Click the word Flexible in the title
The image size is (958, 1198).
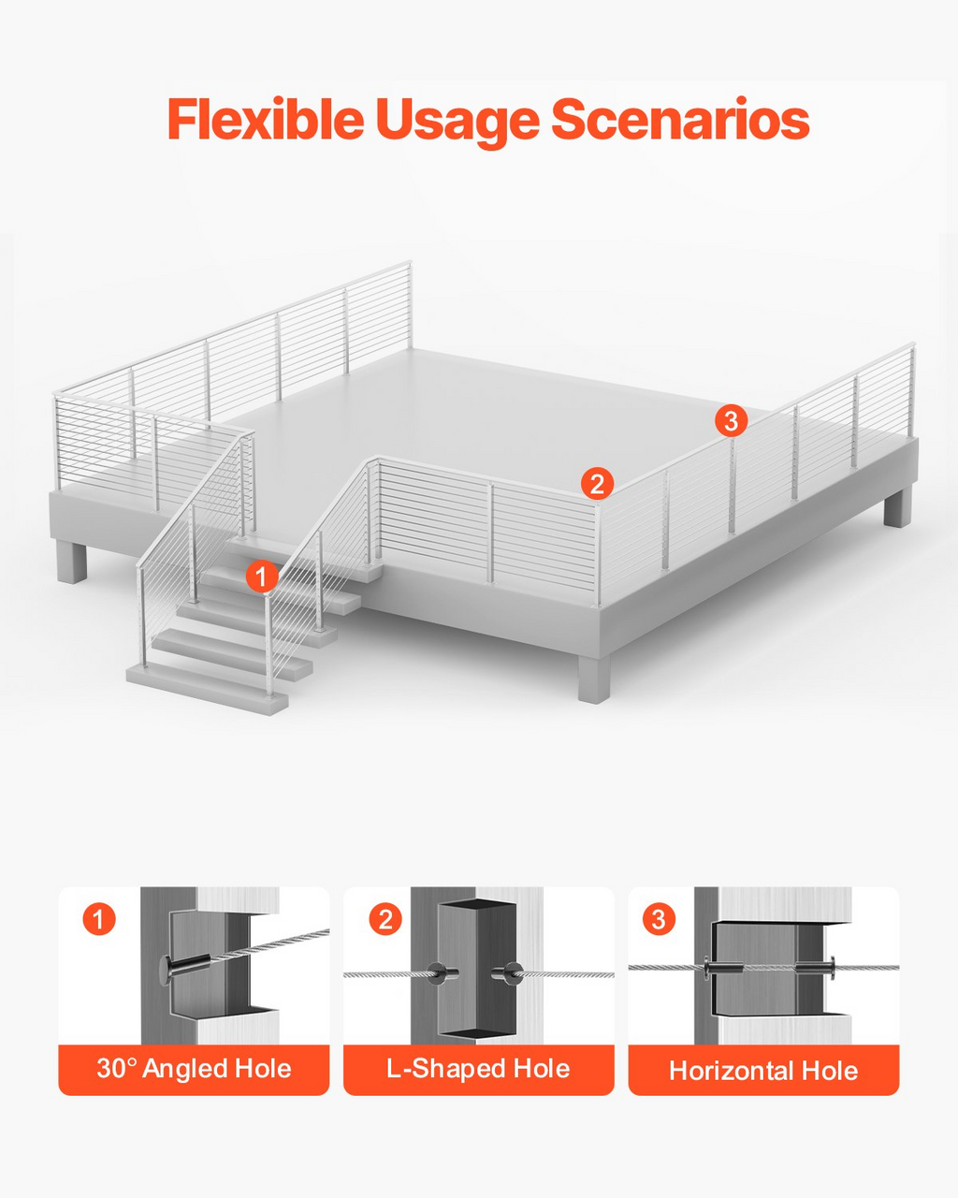(266, 119)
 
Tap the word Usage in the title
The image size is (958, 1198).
(457, 123)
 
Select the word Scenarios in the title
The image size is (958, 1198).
(680, 119)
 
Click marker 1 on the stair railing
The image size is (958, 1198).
(262, 577)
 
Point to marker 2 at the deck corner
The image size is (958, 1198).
(597, 484)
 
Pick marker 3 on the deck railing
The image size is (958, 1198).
(731, 421)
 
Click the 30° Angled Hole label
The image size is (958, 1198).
(194, 1068)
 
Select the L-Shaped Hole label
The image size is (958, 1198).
(478, 1068)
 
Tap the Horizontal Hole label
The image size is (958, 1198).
(763, 1071)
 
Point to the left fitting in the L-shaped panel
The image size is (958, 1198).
(442, 973)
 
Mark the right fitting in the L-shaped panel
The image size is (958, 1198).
(508, 973)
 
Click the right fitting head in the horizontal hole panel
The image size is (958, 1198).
(831, 968)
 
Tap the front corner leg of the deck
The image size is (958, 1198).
(594, 679)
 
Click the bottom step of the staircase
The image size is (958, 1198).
(207, 689)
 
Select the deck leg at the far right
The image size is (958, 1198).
(897, 506)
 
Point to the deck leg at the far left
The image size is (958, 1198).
(72, 562)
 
